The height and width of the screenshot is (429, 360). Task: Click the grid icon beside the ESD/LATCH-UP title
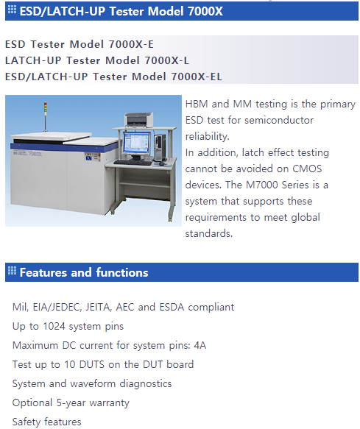pos(12,10)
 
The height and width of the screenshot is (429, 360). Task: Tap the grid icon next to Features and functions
pos(12,270)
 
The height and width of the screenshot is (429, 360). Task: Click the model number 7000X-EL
pos(197,77)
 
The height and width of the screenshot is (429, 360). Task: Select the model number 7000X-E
pos(131,44)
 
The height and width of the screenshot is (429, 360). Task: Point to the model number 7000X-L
pos(166,60)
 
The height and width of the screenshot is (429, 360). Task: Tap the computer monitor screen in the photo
pos(137,143)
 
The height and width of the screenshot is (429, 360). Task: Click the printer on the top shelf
pos(139,119)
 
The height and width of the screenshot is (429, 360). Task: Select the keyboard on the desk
pos(133,163)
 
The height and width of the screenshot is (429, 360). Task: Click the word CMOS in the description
pos(307,169)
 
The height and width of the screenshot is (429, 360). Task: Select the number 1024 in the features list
pos(54,326)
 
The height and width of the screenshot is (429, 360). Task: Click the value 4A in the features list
pos(200,345)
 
